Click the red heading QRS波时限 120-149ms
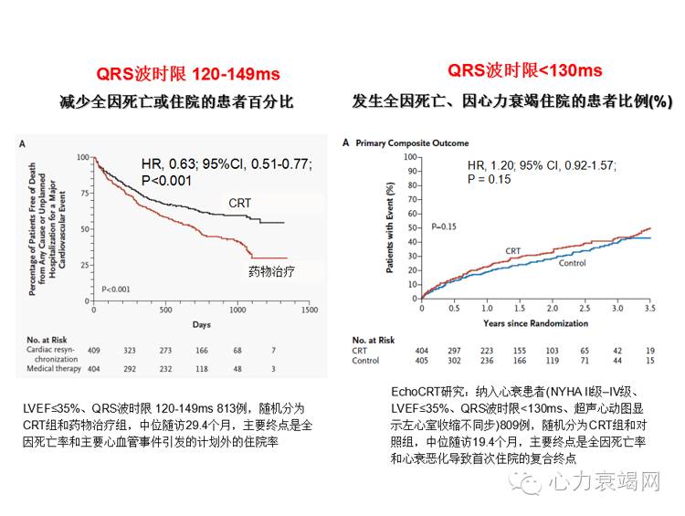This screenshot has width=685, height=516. click(189, 74)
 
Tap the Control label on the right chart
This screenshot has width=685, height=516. click(572, 263)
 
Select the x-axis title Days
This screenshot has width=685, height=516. click(202, 324)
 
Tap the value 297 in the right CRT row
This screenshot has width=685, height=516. click(452, 350)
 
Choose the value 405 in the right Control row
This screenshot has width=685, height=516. click(421, 361)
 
